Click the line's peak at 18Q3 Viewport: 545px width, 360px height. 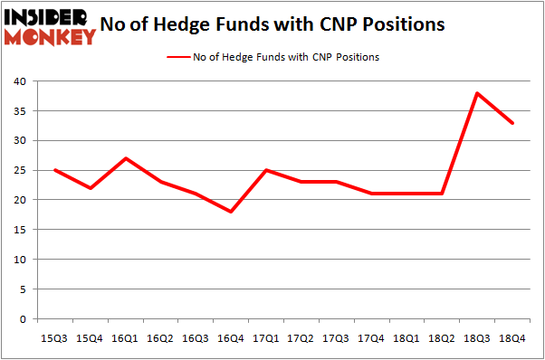pos(477,93)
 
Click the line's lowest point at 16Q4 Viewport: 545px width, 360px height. pos(230,212)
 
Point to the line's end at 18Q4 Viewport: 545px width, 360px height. pos(512,123)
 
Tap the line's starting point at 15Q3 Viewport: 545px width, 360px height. pos(54,170)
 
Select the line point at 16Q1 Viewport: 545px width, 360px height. pos(125,158)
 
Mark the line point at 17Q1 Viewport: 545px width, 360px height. pos(265,170)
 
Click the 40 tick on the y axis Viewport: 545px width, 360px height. pos(20,81)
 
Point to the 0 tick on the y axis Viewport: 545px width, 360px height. pos(24,319)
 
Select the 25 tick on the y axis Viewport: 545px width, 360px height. pos(20,170)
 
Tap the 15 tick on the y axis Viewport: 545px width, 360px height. pos(20,230)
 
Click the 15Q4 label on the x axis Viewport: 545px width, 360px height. pos(90,338)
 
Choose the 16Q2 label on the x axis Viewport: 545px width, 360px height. pos(160,338)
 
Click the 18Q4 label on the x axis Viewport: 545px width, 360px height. pos(512,338)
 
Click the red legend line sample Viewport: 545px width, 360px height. pos(177,57)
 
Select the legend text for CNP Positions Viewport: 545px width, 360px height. pos(285,57)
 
